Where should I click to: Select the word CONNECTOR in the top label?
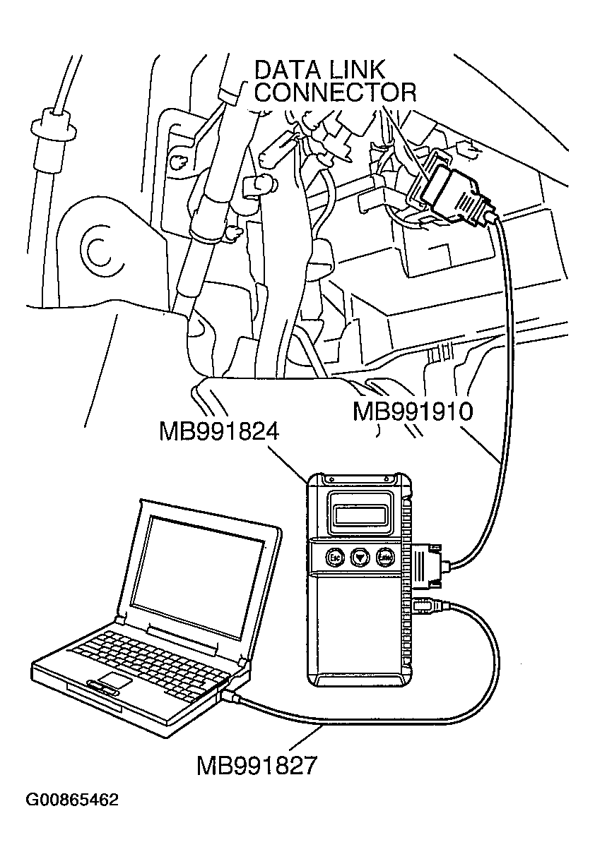coord(335,93)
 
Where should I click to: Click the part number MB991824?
coord(219,431)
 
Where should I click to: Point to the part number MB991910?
coord(412,412)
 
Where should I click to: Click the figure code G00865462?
coord(72,800)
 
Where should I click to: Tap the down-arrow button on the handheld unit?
coord(360,557)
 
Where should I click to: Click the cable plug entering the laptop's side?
coord(232,697)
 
